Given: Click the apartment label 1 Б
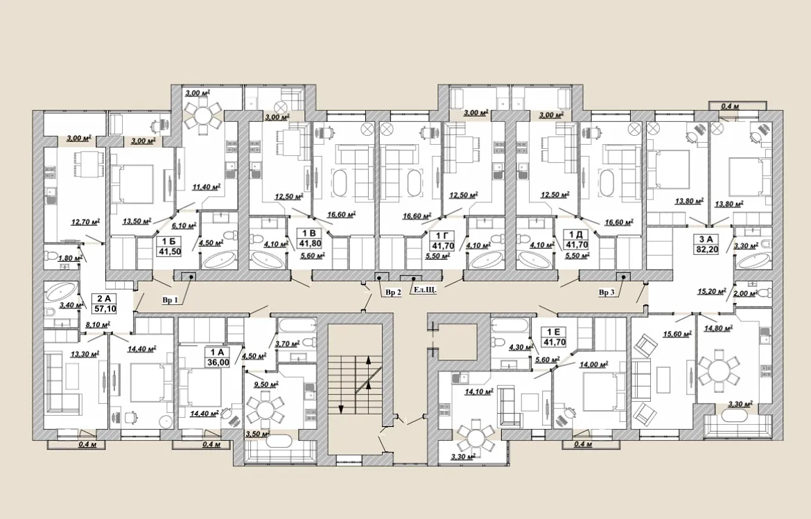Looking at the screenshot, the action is point(166,242).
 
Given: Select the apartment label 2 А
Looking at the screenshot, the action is point(103,298).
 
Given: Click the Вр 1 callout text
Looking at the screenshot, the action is point(170,300).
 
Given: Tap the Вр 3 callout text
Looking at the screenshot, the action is point(607,292).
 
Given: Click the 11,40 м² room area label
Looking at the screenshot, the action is point(207,187).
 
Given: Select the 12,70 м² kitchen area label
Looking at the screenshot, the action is point(85,222).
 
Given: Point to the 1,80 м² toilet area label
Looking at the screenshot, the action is point(70,258).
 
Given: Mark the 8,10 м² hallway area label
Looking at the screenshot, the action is point(97,325).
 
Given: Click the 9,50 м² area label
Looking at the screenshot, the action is point(266,384).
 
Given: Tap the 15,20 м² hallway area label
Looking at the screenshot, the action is point(712,292).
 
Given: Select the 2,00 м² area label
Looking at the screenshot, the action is point(745,293).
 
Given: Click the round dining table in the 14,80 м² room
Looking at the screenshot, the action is point(720,371).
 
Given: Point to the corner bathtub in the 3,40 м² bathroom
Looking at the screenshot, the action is point(60,292).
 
